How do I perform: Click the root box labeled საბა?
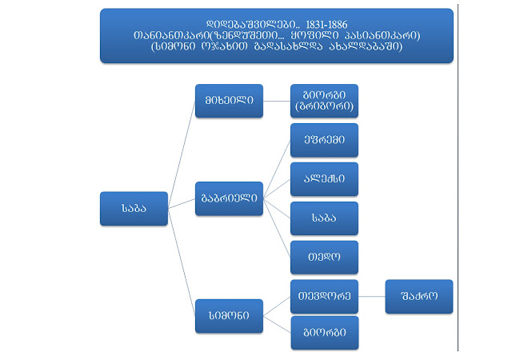(134, 208)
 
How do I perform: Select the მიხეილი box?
(229, 100)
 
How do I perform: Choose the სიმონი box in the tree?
(229, 315)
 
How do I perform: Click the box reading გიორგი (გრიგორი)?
(324, 100)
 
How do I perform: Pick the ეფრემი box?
(324, 139)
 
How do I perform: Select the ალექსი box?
(324, 178)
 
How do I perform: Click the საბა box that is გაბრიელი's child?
(324, 218)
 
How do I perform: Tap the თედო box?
(324, 257)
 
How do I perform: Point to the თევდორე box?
(324, 296)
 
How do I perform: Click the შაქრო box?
(419, 296)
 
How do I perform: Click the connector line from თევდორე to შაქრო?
(372, 296)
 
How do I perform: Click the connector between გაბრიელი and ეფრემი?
(277, 169)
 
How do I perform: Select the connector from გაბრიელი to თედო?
(277, 228)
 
